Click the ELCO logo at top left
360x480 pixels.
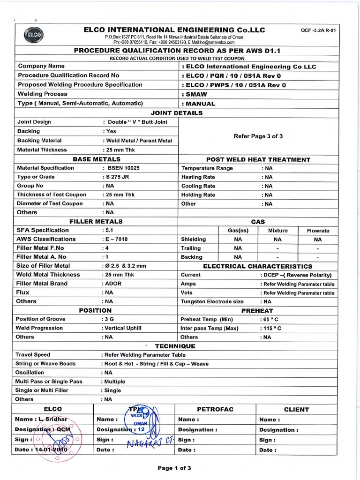pos(35,34)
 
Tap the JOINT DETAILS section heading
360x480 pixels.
pos(177,113)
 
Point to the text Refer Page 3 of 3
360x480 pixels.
pos(258,136)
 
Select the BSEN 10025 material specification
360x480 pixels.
pos(122,168)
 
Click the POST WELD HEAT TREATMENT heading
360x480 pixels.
pos(258,159)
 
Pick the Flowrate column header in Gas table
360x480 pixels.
pos(318,231)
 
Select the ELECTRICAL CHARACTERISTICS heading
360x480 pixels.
pos(257,266)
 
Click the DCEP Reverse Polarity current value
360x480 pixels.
pos(296,275)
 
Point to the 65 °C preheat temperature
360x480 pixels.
pos(268,319)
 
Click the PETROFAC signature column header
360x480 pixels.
pos(215,409)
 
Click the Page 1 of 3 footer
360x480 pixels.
pos(174,468)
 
